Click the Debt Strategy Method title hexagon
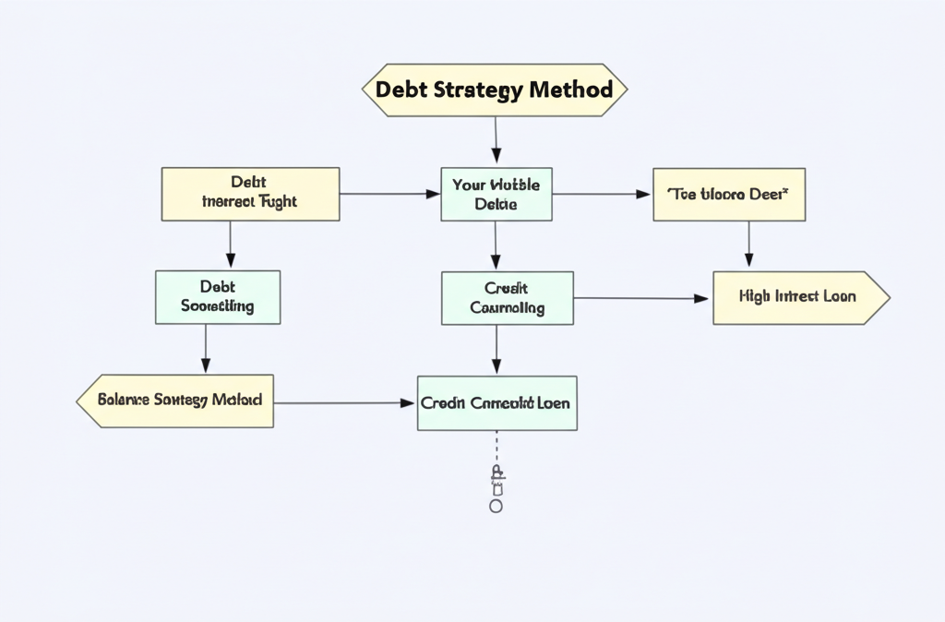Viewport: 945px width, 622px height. pos(494,90)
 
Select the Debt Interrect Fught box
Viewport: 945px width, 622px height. pos(250,194)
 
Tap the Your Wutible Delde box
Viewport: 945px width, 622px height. pos(496,194)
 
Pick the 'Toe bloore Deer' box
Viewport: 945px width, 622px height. pos(728,195)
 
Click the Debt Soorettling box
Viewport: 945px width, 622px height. pos(218,297)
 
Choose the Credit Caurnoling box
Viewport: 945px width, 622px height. pos(507,298)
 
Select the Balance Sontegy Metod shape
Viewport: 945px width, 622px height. pos(175,401)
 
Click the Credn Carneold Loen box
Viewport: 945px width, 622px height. pos(496,403)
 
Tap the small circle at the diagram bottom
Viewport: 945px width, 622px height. pos(496,507)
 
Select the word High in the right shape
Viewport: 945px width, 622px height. pos(756,297)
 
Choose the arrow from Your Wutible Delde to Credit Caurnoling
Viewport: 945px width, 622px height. pos(496,245)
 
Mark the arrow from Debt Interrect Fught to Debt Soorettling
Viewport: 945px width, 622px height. pos(230,245)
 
